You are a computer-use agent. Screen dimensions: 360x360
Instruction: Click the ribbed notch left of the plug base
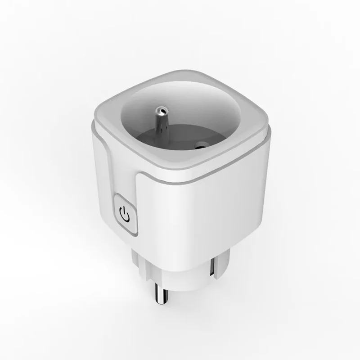pyautogui.click(x=138, y=261)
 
